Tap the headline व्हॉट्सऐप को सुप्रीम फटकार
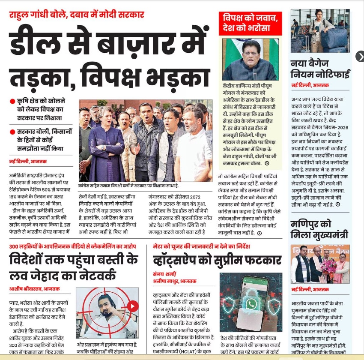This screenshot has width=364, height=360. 217,260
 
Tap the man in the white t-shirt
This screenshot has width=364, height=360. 193,150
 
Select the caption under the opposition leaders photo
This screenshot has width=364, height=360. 128,186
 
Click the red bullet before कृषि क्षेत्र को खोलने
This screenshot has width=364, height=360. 12,102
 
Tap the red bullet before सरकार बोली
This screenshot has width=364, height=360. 12,132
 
